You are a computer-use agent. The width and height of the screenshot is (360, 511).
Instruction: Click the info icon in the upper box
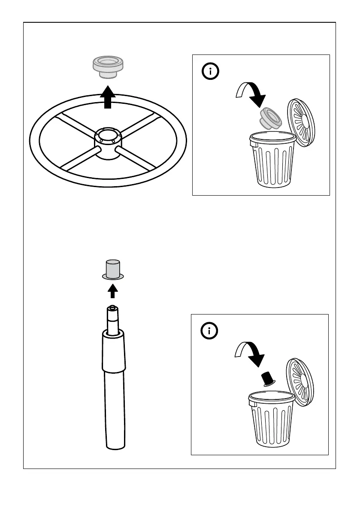point(210,72)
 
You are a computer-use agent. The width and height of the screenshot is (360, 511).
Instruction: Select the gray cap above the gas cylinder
point(113,269)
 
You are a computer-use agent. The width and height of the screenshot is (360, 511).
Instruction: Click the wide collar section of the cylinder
point(114,353)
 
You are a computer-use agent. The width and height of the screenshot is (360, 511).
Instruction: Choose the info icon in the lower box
point(210,331)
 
